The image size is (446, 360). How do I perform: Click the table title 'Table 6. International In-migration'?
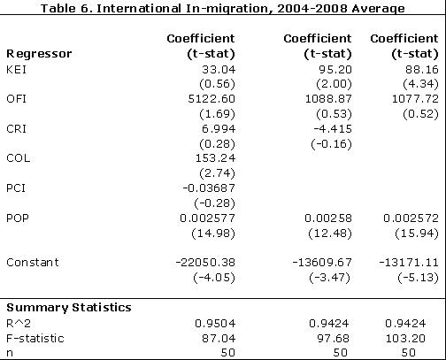point(223,8)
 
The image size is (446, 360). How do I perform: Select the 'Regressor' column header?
point(39,53)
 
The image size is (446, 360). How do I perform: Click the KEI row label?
point(17,68)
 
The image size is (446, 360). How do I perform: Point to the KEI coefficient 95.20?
point(333,68)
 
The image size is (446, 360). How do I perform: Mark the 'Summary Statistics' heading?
point(68,307)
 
